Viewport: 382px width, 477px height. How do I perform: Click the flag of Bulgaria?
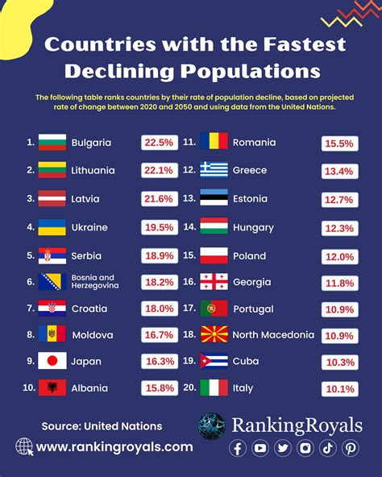[x=52, y=143]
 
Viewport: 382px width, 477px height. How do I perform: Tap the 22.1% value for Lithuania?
[x=158, y=170]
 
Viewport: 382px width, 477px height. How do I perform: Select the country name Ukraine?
[x=89, y=228]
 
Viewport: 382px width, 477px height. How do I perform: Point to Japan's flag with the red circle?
[x=52, y=362]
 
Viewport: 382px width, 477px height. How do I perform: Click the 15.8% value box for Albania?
[x=158, y=388]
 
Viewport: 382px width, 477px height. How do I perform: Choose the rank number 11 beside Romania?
[x=190, y=143]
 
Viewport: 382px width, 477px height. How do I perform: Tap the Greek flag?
[x=214, y=171]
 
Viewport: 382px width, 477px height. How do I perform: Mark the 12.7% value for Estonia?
[x=338, y=199]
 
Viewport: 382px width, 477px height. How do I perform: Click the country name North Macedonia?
[x=273, y=334]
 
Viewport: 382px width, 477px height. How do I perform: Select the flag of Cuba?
[x=214, y=362]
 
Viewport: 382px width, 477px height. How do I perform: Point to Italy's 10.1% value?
[x=338, y=389]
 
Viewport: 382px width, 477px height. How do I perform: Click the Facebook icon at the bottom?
[x=238, y=449]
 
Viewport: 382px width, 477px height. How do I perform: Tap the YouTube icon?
[x=260, y=449]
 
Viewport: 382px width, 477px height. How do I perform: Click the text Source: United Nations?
[x=102, y=425]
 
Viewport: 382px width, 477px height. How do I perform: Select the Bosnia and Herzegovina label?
[x=95, y=281]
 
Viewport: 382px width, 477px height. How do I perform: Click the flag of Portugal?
[x=214, y=308]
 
